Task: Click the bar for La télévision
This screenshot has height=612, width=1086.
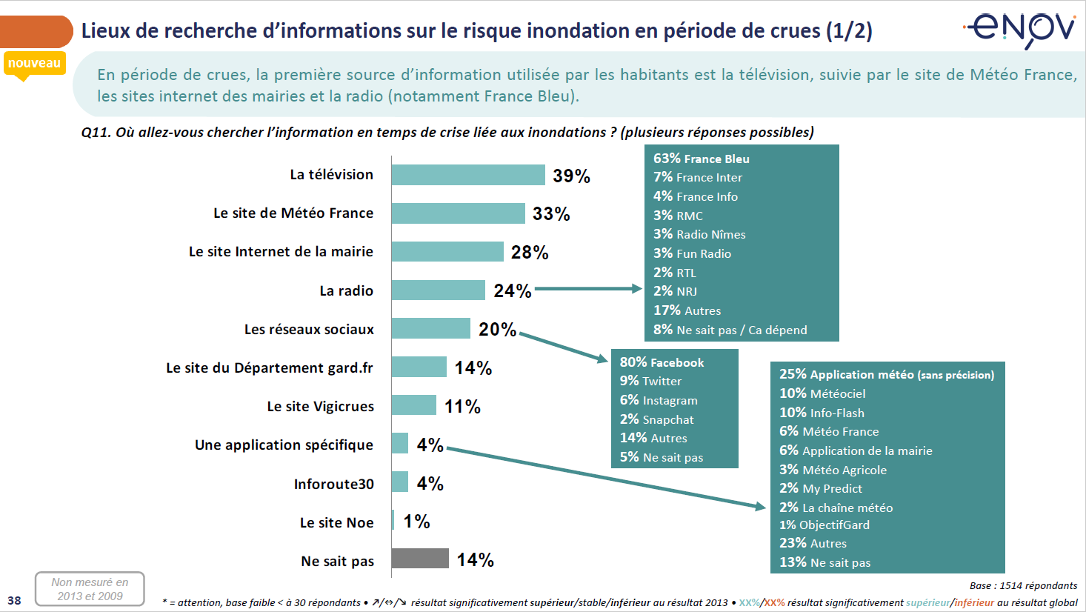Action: pyautogui.click(x=468, y=175)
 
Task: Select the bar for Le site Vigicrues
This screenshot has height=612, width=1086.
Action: pyautogui.click(x=414, y=405)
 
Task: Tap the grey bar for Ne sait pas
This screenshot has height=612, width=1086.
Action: pyautogui.click(x=420, y=559)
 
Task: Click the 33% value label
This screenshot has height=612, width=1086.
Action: pyautogui.click(x=551, y=214)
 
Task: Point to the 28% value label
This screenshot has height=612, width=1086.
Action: pyautogui.click(x=530, y=253)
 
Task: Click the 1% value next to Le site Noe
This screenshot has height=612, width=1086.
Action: pyautogui.click(x=416, y=522)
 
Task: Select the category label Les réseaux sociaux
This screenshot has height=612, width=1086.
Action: pyautogui.click(x=309, y=329)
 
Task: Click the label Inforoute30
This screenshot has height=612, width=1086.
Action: pyautogui.click(x=333, y=484)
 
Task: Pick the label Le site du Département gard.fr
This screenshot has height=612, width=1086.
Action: pyautogui.click(x=270, y=367)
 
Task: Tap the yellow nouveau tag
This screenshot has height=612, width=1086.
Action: pyautogui.click(x=34, y=64)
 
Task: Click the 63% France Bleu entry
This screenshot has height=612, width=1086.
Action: pyautogui.click(x=701, y=159)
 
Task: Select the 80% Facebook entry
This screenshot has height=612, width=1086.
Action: pyautogui.click(x=662, y=362)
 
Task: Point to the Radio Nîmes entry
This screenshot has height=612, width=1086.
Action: pyautogui.click(x=699, y=234)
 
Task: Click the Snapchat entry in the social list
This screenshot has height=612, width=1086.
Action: pyautogui.click(x=656, y=419)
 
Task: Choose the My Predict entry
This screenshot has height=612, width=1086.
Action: pyautogui.click(x=820, y=488)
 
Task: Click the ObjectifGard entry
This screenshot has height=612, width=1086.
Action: pyautogui.click(x=824, y=525)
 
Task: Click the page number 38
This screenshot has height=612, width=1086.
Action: pyautogui.click(x=14, y=600)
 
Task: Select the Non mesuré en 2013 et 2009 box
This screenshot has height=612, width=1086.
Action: pyautogui.click(x=90, y=589)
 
